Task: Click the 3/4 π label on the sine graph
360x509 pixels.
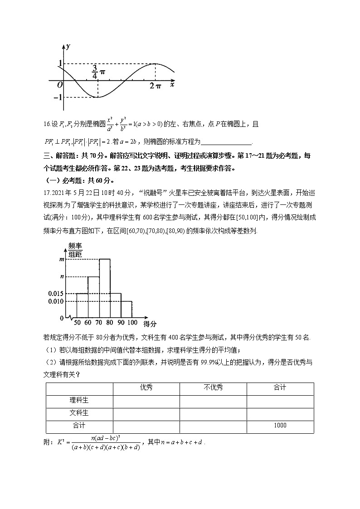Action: click(98, 72)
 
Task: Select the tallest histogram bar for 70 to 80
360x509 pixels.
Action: click(104, 288)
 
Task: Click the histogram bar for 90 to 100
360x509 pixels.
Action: click(126, 309)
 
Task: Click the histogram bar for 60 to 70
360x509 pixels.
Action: click(93, 297)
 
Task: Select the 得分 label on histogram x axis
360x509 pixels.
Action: click(150, 324)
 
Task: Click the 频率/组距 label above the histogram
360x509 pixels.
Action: click(75, 250)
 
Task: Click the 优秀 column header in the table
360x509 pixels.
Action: click(146, 388)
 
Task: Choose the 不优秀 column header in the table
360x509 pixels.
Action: click(213, 388)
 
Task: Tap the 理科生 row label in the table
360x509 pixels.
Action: click(79, 400)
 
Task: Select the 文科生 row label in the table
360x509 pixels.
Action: click(79, 413)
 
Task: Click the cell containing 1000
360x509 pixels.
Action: click(280, 426)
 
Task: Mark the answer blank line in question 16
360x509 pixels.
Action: click(226, 142)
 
